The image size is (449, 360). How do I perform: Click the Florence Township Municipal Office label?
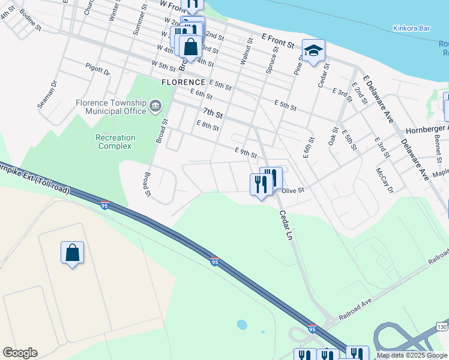(x=111, y=107)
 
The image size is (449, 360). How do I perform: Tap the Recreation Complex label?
(x=116, y=142)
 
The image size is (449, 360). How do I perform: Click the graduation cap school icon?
(x=313, y=51)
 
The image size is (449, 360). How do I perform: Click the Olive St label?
(x=294, y=190)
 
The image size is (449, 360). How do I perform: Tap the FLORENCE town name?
(x=183, y=82)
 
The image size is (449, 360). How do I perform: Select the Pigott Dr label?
(x=98, y=70)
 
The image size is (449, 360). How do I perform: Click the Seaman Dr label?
(x=47, y=95)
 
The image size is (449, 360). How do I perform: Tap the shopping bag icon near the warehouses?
(x=72, y=253)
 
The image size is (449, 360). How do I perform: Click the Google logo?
(x=20, y=353)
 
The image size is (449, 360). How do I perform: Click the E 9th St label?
(x=246, y=153)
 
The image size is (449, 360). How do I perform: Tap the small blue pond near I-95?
(x=241, y=325)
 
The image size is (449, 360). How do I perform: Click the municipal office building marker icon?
(x=155, y=107)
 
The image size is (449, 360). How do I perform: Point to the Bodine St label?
(x=30, y=20)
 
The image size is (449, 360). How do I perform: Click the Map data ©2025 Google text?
(x=411, y=355)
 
